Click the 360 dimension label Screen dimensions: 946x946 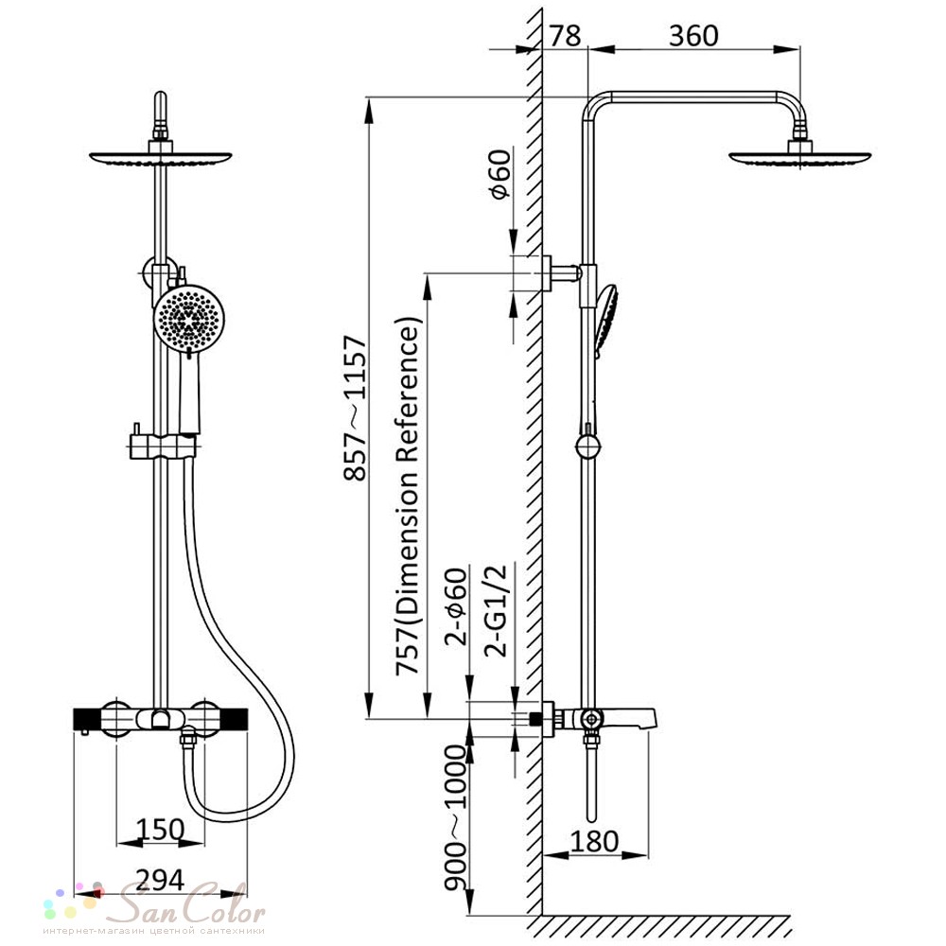point(693,36)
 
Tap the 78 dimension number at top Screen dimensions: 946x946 point(566,36)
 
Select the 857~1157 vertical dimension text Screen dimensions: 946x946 point(356,409)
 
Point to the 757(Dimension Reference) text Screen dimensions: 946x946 point(407,496)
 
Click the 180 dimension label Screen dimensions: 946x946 point(594,841)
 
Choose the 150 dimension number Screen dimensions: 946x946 point(160,829)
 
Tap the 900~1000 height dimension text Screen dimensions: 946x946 point(457,817)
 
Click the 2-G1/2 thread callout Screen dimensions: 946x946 point(496,610)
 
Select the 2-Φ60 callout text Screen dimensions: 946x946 point(457,606)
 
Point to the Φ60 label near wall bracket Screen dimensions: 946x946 point(500,174)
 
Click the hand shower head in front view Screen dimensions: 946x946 point(189,318)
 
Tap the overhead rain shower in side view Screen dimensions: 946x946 point(800,156)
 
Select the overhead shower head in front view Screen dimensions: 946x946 point(161,156)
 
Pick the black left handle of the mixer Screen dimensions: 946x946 point(87,719)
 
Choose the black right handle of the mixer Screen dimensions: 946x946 point(234,719)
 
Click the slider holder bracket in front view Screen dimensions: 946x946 point(164,447)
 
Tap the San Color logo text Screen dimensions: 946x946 point(192,903)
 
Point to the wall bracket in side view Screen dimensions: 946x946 point(561,273)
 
